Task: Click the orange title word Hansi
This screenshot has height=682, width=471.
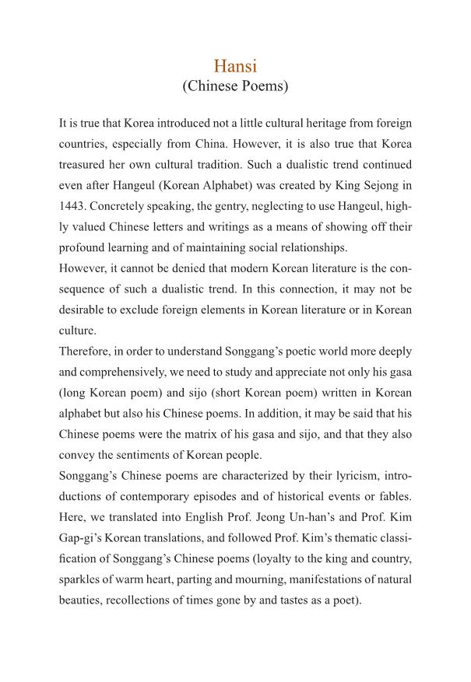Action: coord(235,67)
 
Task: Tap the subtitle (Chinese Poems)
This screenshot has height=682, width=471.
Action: coord(235,86)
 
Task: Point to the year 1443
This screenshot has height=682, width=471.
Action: coord(74,208)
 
